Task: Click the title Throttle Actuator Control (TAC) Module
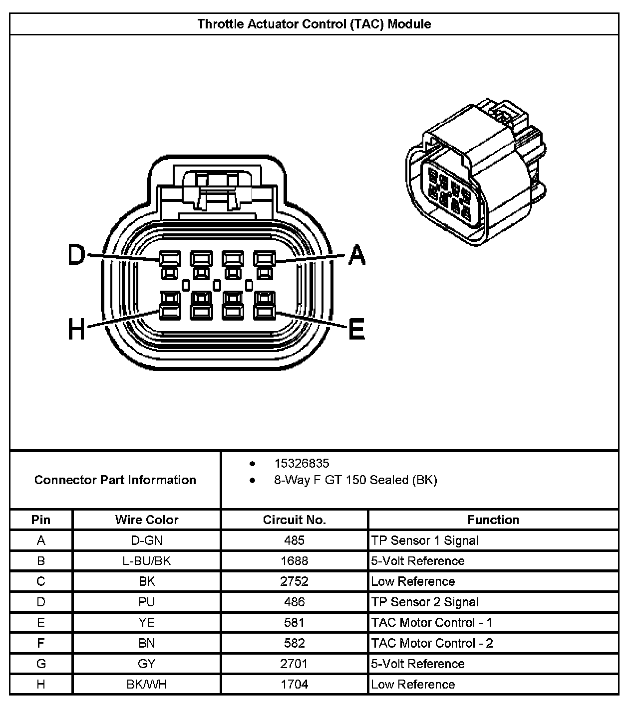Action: pos(314,24)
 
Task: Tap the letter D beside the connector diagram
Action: pos(76,255)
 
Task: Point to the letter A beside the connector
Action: pos(356,255)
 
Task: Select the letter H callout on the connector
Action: pos(76,330)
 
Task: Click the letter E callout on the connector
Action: pos(356,330)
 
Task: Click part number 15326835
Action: pos(302,463)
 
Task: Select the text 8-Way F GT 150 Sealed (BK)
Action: pos(355,480)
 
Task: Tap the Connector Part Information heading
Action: pos(115,480)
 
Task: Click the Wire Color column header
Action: pos(146,520)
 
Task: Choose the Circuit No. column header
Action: pos(294,520)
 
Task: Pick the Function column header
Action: pos(493,520)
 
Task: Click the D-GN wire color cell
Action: pos(146,540)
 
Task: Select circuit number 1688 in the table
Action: pos(294,561)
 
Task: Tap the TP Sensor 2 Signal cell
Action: pos(424,602)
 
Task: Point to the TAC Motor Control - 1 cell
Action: pos(431,623)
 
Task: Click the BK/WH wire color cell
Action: pos(146,685)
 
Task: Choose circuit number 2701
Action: pos(294,664)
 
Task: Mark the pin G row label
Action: pos(41,664)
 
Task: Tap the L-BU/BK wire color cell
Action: pos(146,561)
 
